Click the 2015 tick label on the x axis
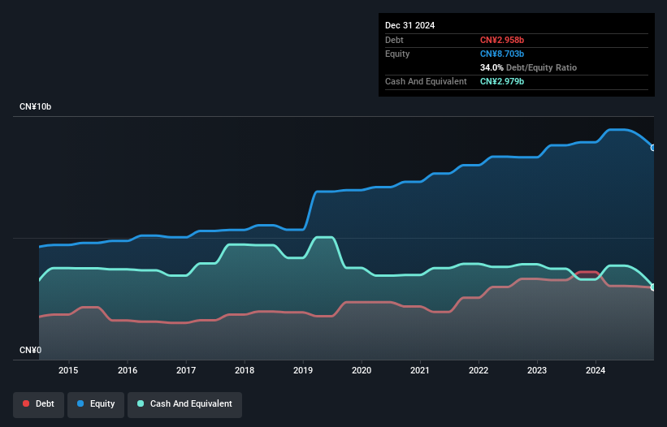69,370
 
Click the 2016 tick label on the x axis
128,370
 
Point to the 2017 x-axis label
186,370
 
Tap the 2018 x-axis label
245,370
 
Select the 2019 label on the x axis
303,370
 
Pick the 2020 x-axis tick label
362,370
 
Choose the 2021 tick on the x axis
420,370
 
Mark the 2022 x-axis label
479,370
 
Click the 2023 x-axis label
537,370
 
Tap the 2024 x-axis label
596,370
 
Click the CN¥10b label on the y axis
37,107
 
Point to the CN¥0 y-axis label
31,350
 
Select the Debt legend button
39,403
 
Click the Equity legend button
97,403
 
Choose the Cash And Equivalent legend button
185,403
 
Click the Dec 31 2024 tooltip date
409,25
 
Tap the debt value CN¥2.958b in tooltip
502,40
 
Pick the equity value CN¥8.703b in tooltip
502,54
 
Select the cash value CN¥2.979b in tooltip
502,81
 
